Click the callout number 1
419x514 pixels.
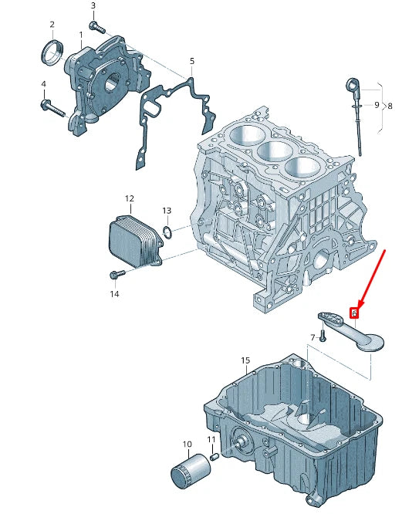click(81, 35)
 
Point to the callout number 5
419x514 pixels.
click(191, 61)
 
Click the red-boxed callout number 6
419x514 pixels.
click(354, 313)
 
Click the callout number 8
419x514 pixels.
click(390, 105)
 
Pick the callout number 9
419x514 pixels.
click(377, 105)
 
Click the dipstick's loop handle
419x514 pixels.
click(349, 83)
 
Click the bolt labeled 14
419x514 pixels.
click(117, 275)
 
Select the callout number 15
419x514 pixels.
click(245, 360)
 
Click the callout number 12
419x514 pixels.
click(129, 198)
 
